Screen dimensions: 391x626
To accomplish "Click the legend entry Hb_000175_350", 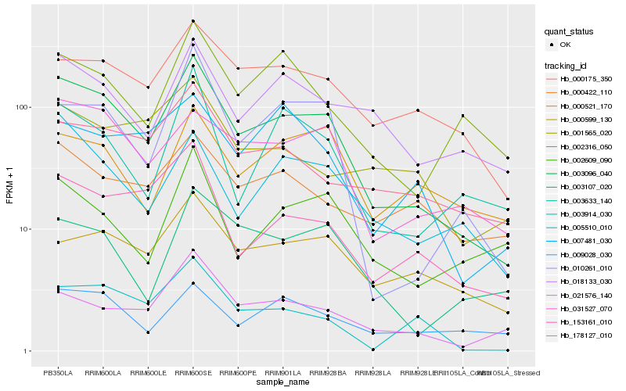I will [586, 79].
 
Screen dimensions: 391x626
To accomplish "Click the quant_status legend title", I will [569, 31].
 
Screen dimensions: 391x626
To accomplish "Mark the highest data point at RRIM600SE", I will [193, 21].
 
